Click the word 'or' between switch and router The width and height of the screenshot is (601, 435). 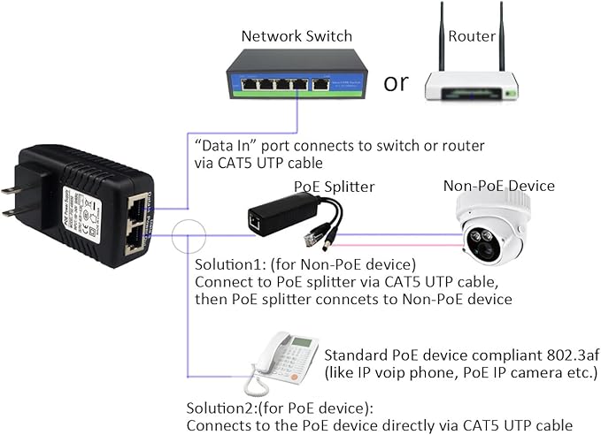396,82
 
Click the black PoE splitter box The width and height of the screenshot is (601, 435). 274,216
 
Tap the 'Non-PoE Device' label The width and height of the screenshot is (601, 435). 499,186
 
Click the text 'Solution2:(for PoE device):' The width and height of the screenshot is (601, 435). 279,408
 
